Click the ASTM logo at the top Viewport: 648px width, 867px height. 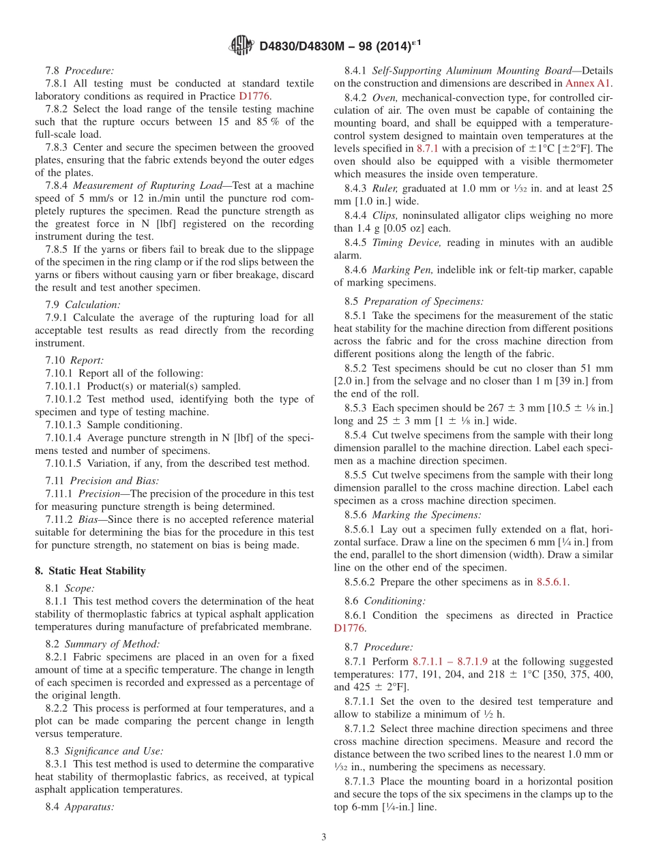242,46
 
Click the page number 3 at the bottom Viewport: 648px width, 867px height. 324,837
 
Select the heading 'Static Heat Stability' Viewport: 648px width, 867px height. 97,571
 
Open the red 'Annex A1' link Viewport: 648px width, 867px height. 589,83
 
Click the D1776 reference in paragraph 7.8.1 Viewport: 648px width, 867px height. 254,96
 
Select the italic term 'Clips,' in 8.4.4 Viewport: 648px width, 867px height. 385,215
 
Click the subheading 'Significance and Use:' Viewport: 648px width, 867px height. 114,750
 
